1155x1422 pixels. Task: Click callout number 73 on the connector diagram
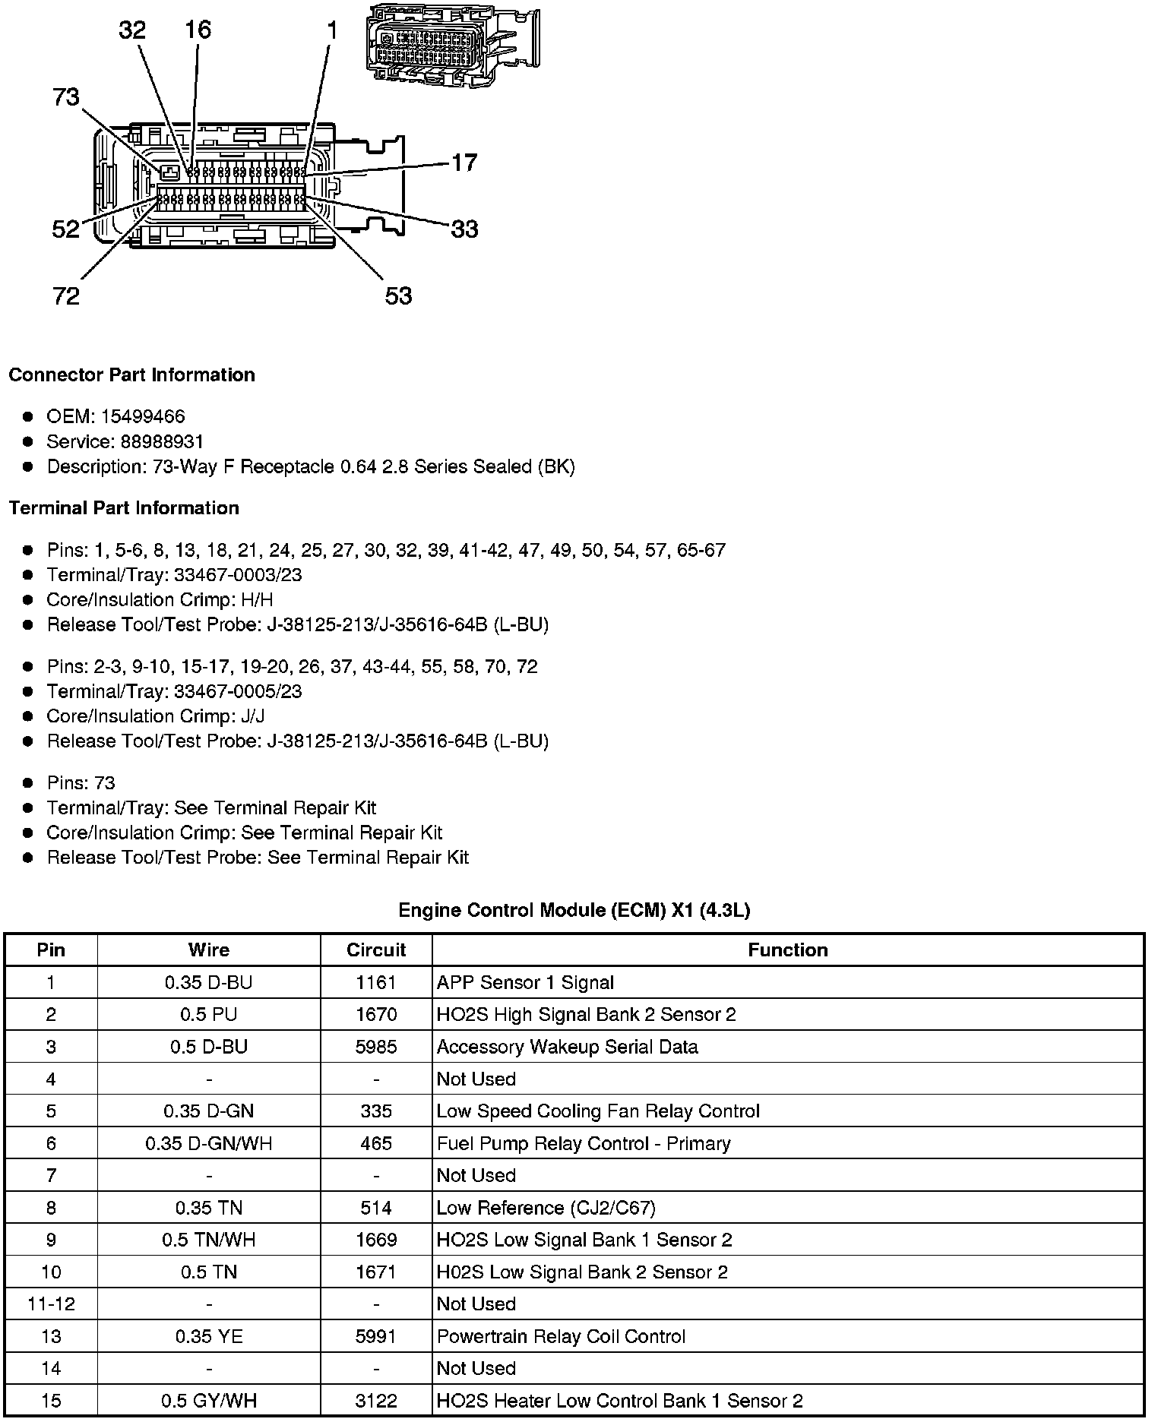pyautogui.click(x=66, y=97)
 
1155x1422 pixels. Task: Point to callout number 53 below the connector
pyautogui.click(x=398, y=295)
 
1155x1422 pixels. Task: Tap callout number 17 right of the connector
pyautogui.click(x=464, y=163)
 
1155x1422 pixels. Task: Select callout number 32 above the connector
pyautogui.click(x=132, y=30)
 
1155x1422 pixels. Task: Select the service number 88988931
pyautogui.click(x=162, y=441)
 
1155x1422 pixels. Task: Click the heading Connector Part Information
pyautogui.click(x=131, y=375)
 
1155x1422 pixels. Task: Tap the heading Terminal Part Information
pyautogui.click(x=124, y=508)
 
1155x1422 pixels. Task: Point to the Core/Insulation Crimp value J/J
pyautogui.click(x=252, y=716)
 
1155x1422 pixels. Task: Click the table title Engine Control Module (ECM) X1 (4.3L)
pyautogui.click(x=574, y=910)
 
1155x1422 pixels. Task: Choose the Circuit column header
pyautogui.click(x=376, y=950)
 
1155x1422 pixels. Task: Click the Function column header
pyautogui.click(x=787, y=950)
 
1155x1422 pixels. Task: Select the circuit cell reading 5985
pyautogui.click(x=376, y=1047)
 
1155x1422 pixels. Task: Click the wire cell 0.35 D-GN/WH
pyautogui.click(x=209, y=1143)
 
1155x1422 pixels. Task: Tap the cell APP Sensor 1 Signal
pyautogui.click(x=525, y=982)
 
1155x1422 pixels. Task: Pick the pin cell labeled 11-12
pyautogui.click(x=51, y=1303)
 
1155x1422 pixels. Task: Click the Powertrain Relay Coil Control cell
pyautogui.click(x=561, y=1336)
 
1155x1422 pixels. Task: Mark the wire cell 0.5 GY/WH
pyautogui.click(x=209, y=1401)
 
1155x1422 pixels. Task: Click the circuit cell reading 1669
pyautogui.click(x=376, y=1240)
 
